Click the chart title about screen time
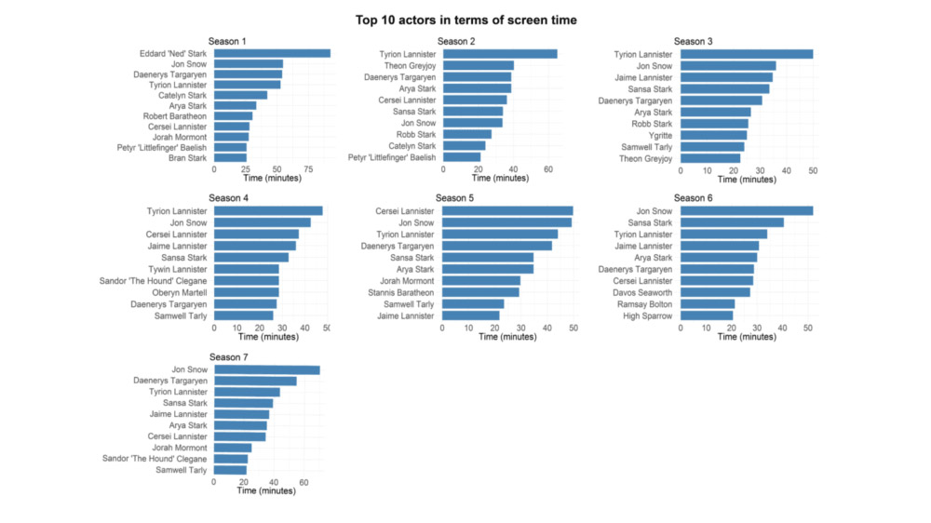coord(465,19)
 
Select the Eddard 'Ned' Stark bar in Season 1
coord(272,53)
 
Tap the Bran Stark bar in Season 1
coord(230,158)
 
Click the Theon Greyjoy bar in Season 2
coord(479,66)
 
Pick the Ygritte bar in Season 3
coord(713,135)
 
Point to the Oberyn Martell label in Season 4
coord(180,292)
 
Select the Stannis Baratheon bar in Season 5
coord(480,292)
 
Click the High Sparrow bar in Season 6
coord(707,315)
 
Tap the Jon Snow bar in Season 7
coord(267,370)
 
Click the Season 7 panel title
coord(228,356)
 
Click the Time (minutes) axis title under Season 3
coord(747,179)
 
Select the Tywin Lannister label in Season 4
coord(178,269)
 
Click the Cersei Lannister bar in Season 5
coord(507,211)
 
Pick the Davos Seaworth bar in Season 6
coord(715,292)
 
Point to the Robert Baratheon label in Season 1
coord(176,116)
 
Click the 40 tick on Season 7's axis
coord(274,482)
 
